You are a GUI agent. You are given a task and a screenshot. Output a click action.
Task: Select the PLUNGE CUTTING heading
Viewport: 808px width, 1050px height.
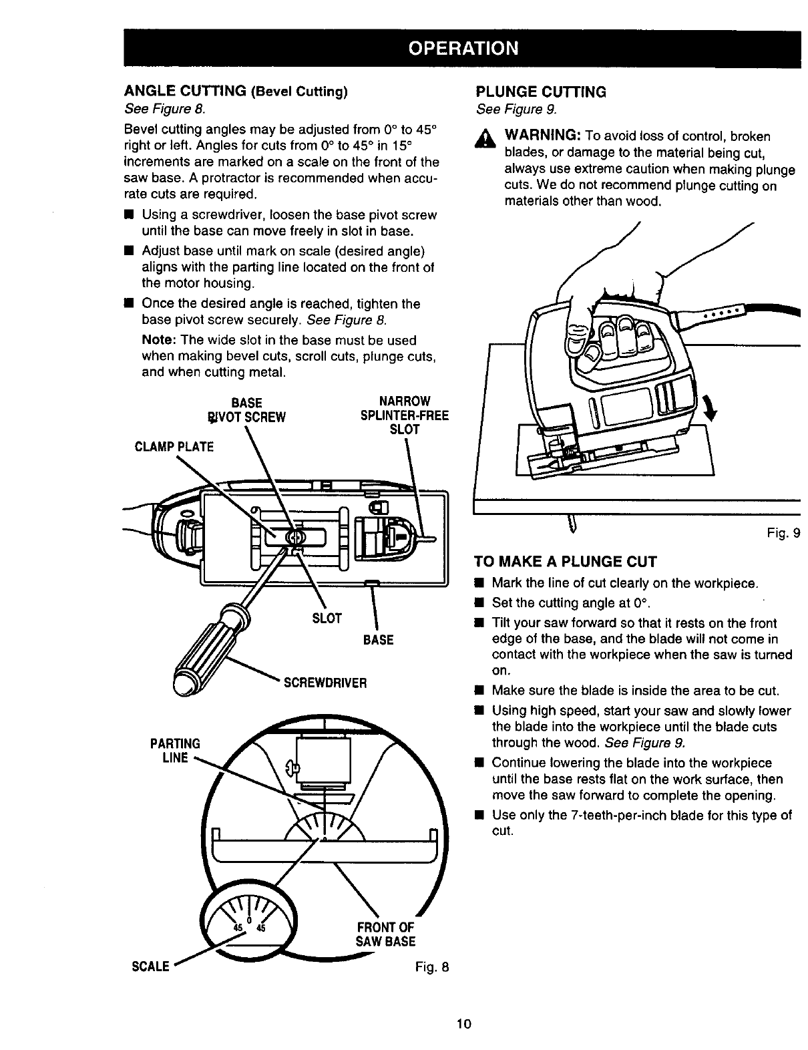coord(540,92)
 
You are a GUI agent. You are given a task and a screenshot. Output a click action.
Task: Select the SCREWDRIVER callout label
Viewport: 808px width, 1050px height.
coord(326,683)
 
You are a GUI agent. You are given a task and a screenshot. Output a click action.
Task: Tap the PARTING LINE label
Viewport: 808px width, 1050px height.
coord(175,751)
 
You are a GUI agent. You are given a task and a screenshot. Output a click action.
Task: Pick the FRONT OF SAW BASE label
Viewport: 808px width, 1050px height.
coord(386,934)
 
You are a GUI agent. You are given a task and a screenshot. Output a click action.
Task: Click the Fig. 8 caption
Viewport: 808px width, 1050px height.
coord(427,966)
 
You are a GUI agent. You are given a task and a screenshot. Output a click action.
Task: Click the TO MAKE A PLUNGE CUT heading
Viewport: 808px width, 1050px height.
coord(566,560)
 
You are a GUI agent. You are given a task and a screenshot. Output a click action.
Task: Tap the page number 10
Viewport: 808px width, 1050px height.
coord(465,1024)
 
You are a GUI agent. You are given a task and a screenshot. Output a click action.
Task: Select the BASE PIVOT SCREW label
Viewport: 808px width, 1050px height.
coord(246,409)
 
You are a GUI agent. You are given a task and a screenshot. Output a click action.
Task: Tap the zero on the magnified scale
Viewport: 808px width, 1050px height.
coord(247,922)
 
